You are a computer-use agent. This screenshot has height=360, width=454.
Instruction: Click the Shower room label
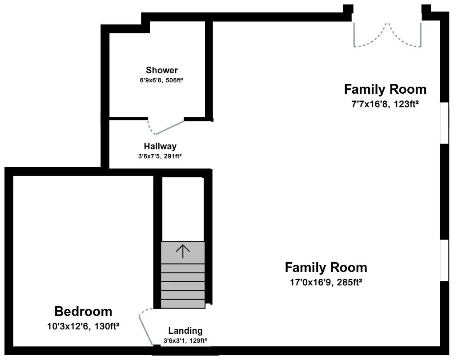pos(161,70)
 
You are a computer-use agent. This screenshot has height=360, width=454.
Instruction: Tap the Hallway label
pos(160,146)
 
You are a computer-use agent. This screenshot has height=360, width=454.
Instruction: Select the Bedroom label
pos(84,312)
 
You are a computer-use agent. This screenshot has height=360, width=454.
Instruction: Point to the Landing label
pos(185,331)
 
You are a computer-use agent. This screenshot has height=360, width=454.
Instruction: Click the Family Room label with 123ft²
pos(385,89)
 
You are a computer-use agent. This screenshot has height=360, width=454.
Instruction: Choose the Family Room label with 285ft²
pos(326,268)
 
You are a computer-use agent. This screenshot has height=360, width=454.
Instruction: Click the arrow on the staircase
pos(183,251)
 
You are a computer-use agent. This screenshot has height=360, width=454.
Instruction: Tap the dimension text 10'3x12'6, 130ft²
pos(84,326)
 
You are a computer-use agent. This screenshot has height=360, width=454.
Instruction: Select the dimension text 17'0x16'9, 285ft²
pos(326,282)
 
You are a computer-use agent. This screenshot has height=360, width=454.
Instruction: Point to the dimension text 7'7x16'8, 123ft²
pos(385,104)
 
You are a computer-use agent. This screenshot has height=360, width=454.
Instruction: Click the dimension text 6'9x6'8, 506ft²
pos(161,80)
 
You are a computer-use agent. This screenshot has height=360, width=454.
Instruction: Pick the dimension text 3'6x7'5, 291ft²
pos(160,156)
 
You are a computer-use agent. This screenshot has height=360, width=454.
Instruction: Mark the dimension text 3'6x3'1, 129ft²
pos(185,340)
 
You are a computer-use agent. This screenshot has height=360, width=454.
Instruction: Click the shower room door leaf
pos(170,127)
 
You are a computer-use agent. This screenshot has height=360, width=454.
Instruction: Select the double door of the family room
pos(387,34)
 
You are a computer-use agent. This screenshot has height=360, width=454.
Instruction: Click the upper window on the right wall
pos(444,123)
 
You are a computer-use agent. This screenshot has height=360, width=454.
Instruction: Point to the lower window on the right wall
pos(444,260)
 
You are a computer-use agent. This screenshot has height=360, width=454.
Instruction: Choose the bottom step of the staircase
pos(183,304)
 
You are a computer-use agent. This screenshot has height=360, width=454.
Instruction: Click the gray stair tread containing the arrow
pos(183,252)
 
